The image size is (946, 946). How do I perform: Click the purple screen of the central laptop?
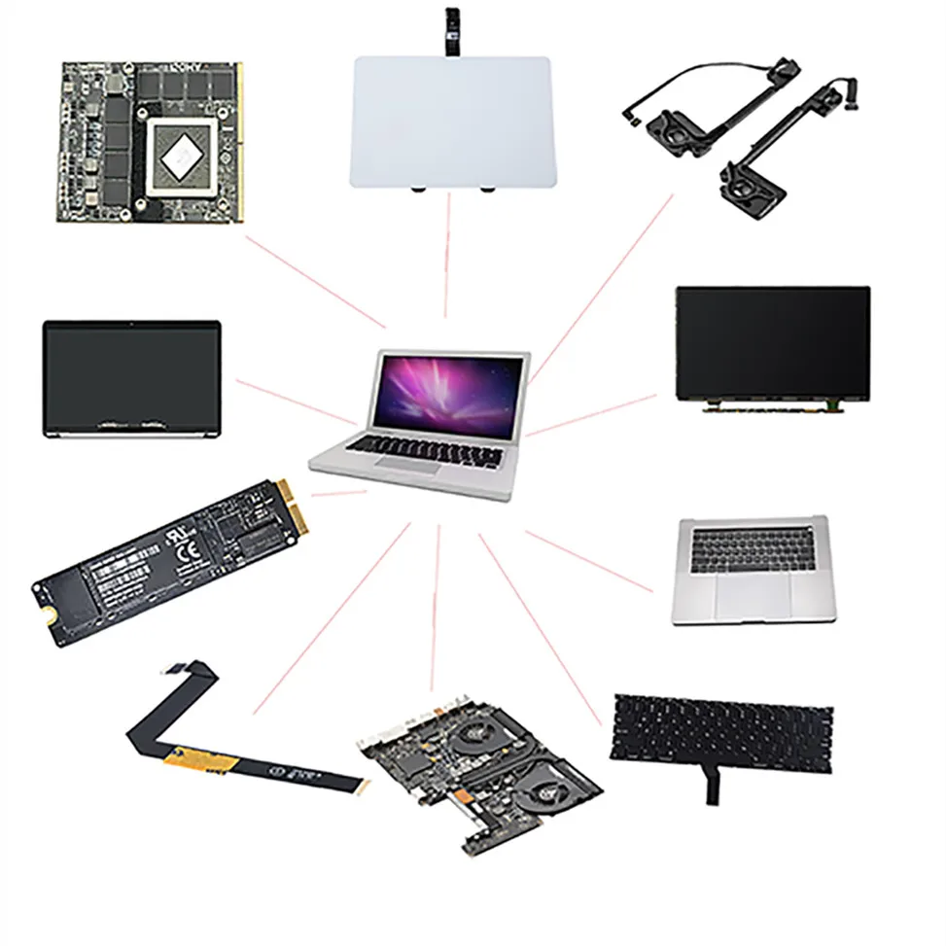coord(448,394)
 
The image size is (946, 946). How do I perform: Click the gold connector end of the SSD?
coord(295,508)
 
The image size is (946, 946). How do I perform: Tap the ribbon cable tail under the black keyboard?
coord(713,786)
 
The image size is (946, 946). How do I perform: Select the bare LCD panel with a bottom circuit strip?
coord(772,346)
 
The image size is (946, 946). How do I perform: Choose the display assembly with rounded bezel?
coord(131,377)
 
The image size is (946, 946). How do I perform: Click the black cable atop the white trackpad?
coord(451,29)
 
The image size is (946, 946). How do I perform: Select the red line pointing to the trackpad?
coord(447,255)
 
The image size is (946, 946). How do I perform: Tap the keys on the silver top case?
coord(751,549)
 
